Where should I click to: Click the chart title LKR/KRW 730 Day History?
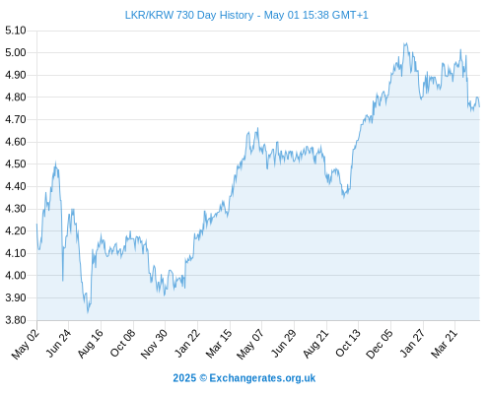189,15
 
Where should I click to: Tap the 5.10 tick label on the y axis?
16,31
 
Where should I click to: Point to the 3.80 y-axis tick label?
16,320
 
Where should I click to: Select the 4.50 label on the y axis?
16,164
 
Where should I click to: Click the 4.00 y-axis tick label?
16,276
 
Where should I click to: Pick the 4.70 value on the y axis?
16,119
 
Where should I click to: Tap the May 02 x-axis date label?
26,344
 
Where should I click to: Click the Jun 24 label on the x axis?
58,344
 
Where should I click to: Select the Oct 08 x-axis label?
122,344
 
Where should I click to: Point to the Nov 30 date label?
155,344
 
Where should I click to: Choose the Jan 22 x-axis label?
187,344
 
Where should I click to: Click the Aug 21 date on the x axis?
315,344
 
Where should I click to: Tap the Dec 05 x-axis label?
380,344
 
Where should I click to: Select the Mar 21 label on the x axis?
445,344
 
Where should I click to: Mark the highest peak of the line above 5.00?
405,43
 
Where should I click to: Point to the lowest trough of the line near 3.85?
88,312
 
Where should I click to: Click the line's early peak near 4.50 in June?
55,163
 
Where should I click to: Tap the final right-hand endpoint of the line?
479,106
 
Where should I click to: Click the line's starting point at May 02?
36,225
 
